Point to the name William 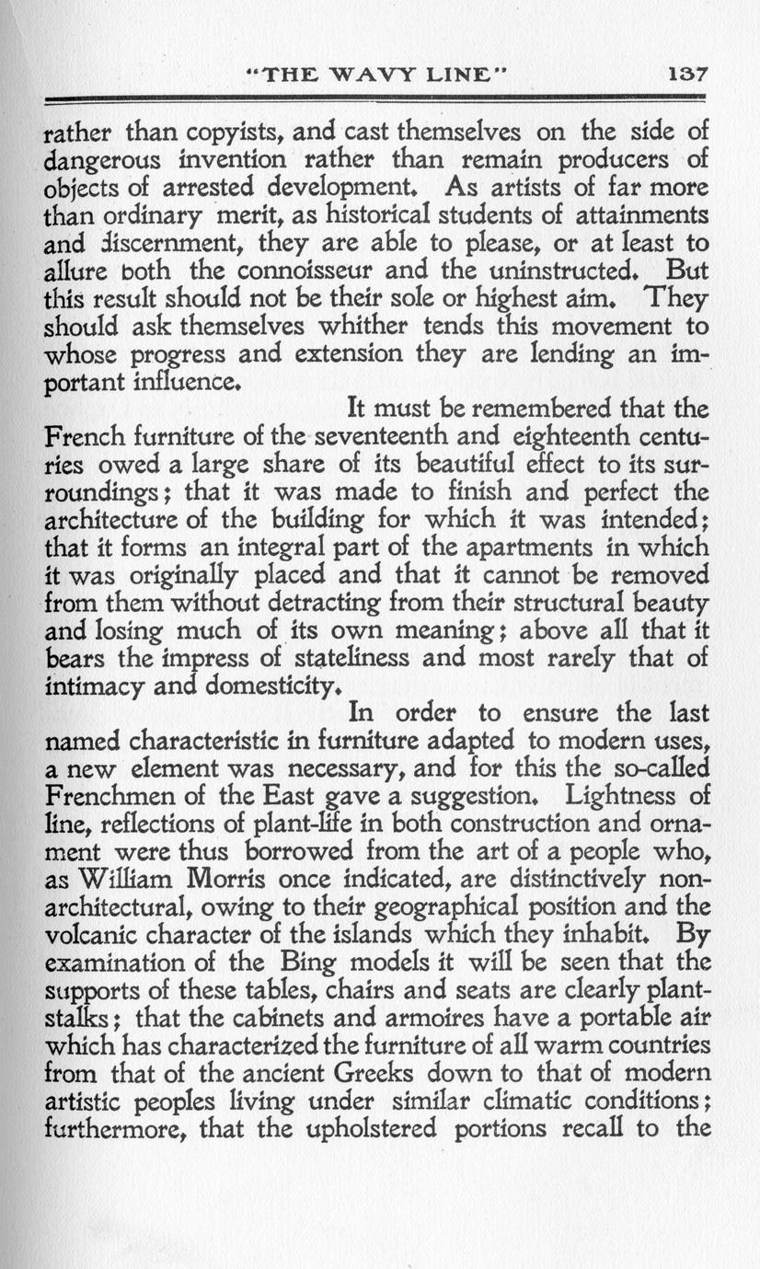(129, 878)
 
